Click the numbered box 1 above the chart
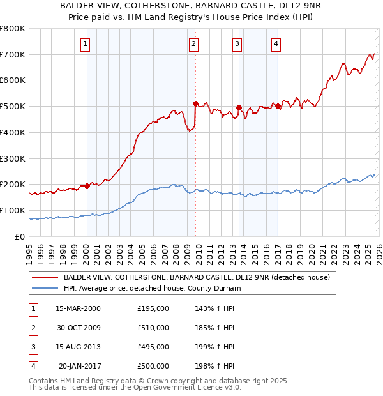(x=86, y=44)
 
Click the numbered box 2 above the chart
(x=193, y=44)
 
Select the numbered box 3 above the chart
(x=237, y=44)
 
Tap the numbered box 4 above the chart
(x=276, y=44)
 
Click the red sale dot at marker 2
(x=196, y=103)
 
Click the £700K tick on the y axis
(x=13, y=55)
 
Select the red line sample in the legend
(x=46, y=277)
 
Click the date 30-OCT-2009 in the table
(x=78, y=328)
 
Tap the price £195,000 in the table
(x=153, y=308)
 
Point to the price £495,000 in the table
(x=153, y=347)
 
